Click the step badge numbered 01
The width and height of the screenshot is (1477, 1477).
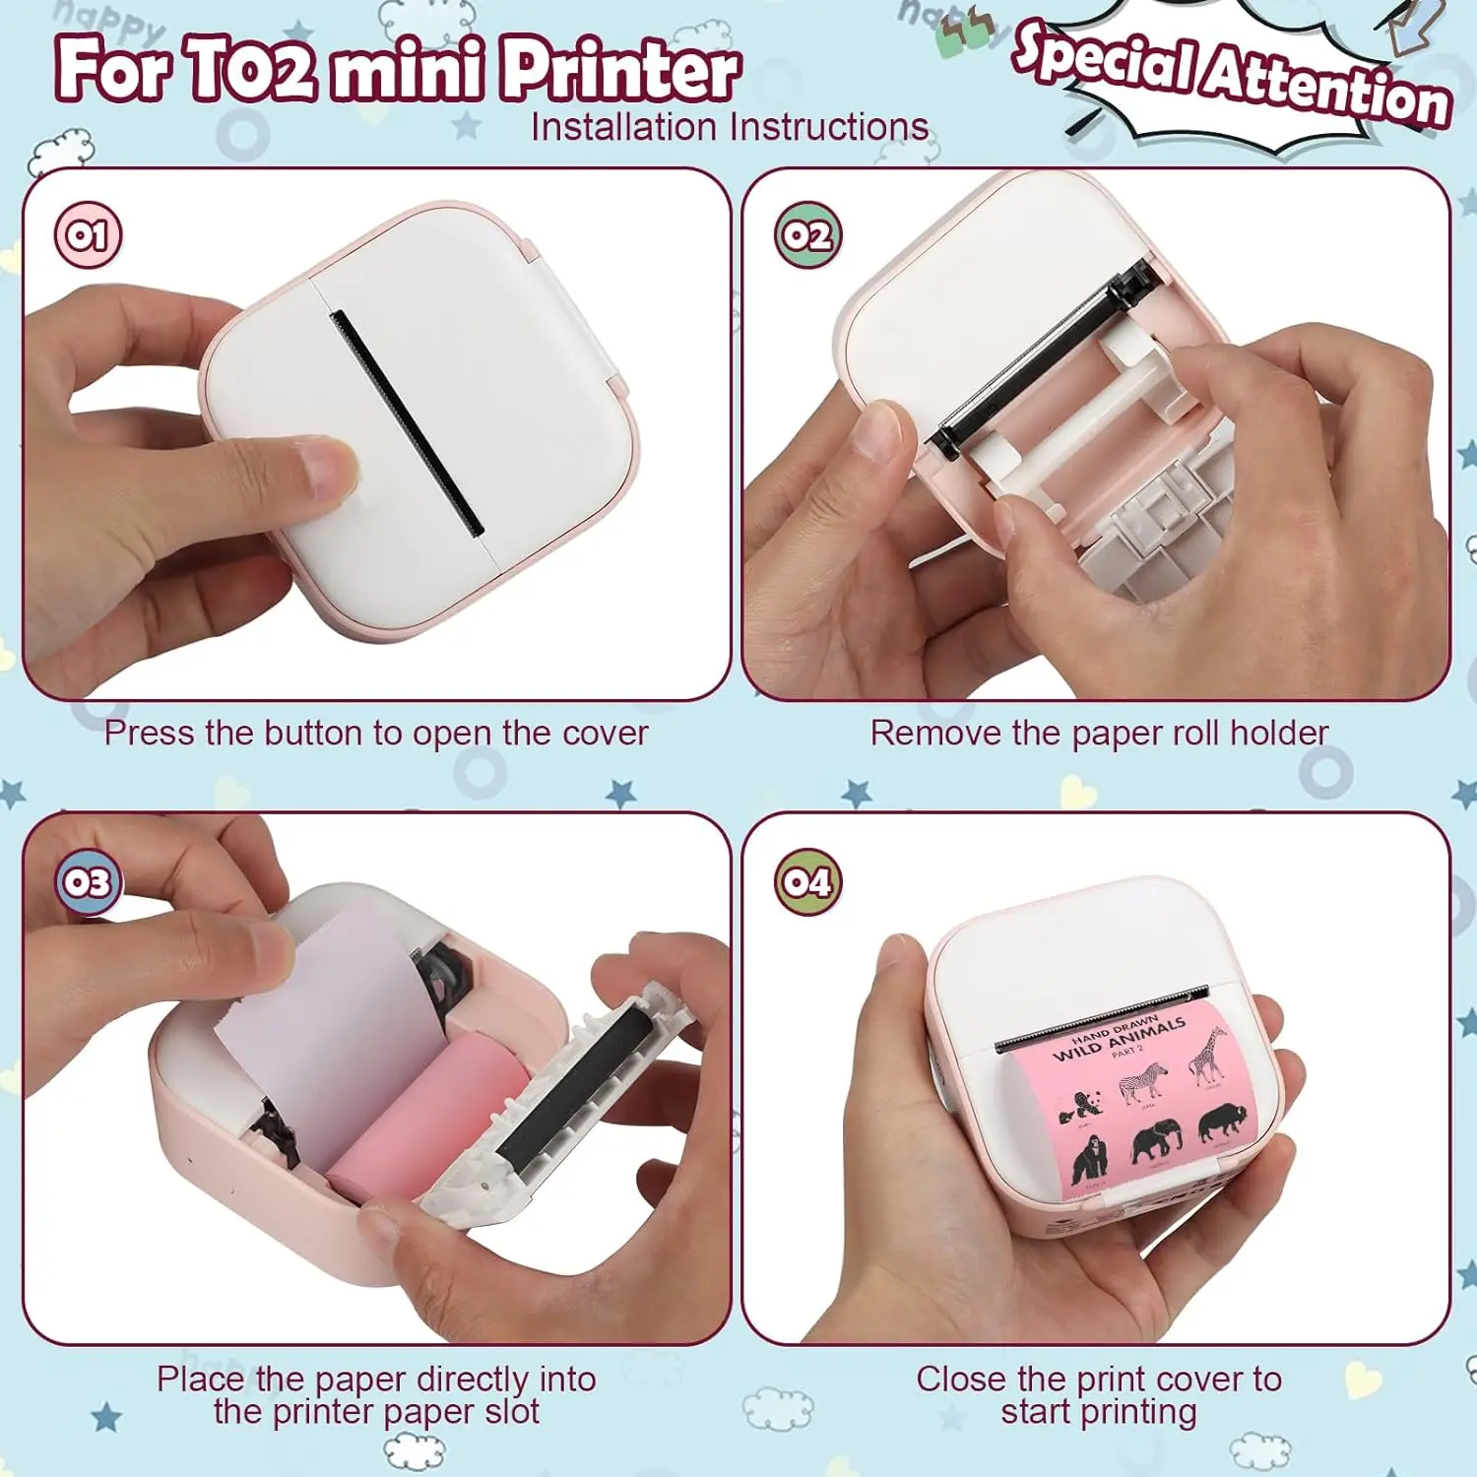pyautogui.click(x=88, y=235)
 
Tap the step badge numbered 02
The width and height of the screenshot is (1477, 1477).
pyautogui.click(x=807, y=235)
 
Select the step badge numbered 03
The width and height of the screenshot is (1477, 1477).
pyautogui.click(x=88, y=881)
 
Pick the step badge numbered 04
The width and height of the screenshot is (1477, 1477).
pyautogui.click(x=807, y=881)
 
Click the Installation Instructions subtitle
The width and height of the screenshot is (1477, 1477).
pyautogui.click(x=729, y=127)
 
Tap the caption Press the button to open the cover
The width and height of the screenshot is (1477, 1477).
pyautogui.click(x=376, y=734)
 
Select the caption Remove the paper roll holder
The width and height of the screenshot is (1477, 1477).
pyautogui.click(x=1099, y=734)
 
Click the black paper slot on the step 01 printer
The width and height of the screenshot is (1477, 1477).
pyautogui.click(x=406, y=423)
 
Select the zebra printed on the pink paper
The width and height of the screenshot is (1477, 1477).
pyautogui.click(x=1143, y=1082)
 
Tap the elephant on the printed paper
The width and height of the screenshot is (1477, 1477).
pyautogui.click(x=1157, y=1142)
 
